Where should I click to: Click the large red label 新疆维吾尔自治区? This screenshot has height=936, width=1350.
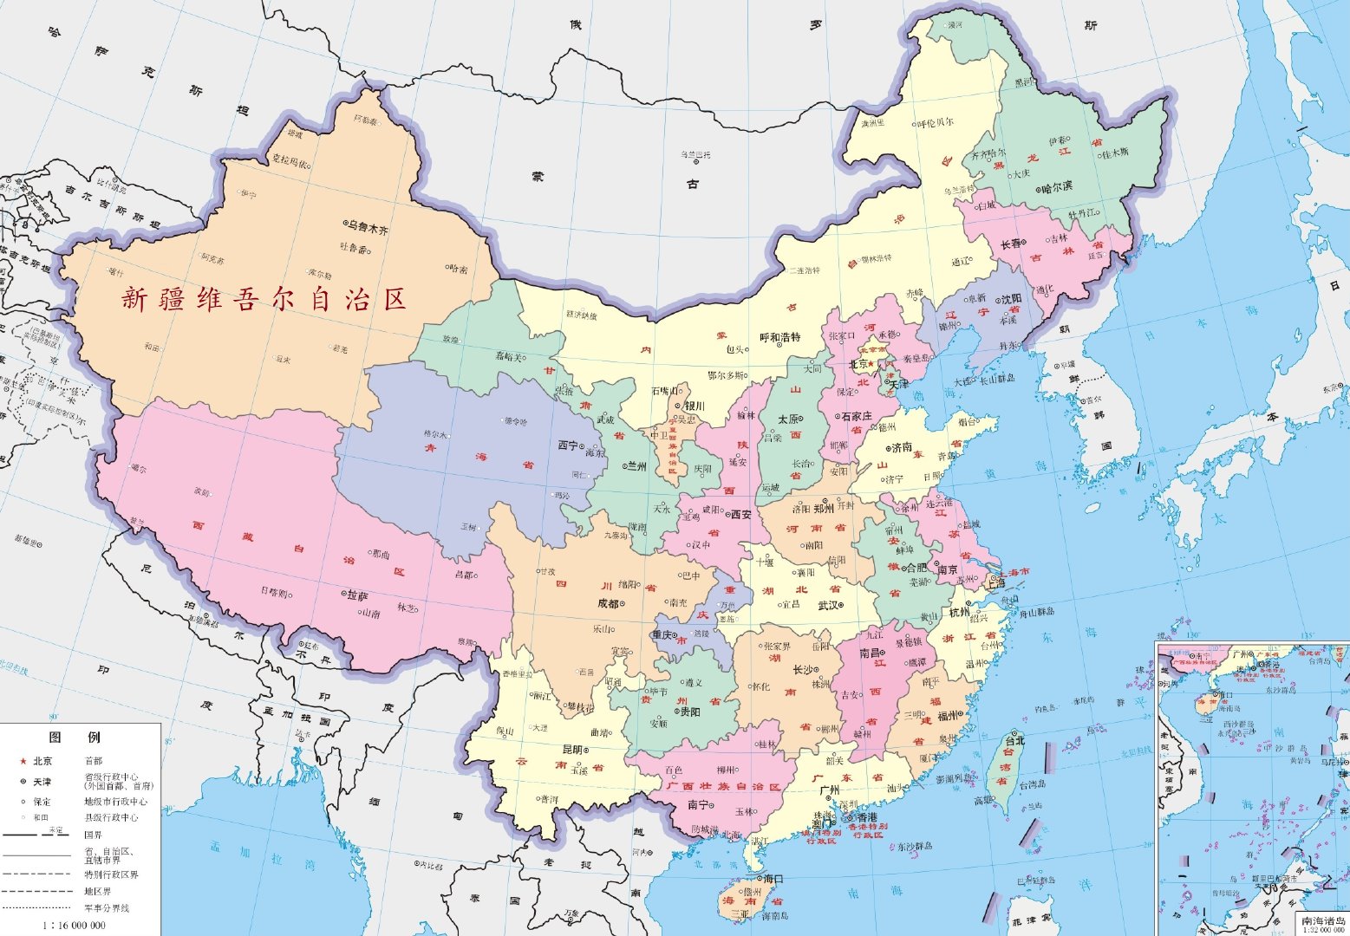coord(264,300)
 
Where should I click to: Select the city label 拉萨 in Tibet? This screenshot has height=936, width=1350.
coord(357,596)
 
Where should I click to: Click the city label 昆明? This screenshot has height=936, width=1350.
coord(572,750)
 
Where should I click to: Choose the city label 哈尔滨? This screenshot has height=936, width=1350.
coord(1056,186)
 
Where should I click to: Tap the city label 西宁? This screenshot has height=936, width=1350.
coord(567,445)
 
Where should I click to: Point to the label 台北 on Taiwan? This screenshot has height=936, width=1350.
coord(1014,741)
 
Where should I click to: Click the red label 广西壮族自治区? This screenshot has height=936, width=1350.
coord(724,786)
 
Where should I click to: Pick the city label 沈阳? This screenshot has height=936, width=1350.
coord(1010,298)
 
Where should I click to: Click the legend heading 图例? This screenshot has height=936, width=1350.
coord(75,738)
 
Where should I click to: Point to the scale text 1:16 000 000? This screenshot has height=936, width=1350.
coord(75,925)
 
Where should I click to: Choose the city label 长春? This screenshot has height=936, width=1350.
coord(1012,244)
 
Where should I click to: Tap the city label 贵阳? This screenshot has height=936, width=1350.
coord(689,712)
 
